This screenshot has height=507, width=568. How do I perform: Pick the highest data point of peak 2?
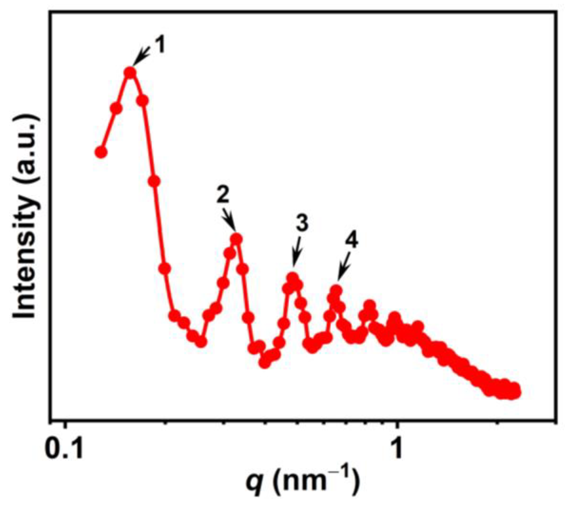237,239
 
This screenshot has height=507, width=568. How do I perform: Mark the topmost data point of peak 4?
336,290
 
